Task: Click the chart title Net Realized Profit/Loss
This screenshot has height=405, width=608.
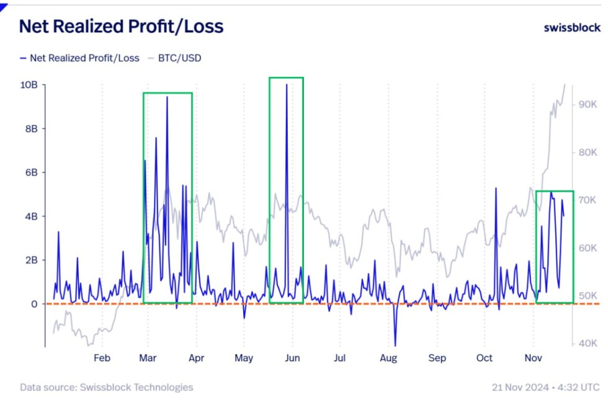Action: pos(121,27)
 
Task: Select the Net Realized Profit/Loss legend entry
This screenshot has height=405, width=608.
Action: pos(80,58)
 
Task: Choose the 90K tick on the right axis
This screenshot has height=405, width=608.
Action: pos(588,104)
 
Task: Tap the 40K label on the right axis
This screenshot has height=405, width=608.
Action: pos(588,343)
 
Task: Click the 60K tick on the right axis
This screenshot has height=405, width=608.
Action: pos(588,248)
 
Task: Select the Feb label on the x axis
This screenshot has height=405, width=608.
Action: pos(102,358)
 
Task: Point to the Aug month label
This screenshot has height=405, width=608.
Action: pos(388,358)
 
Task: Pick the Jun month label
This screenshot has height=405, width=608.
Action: pos(292,358)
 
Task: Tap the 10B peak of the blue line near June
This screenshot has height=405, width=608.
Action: pos(286,85)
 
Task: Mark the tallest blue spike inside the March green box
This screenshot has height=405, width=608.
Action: pos(167,97)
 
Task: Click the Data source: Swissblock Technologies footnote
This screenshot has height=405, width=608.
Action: pos(106,388)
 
